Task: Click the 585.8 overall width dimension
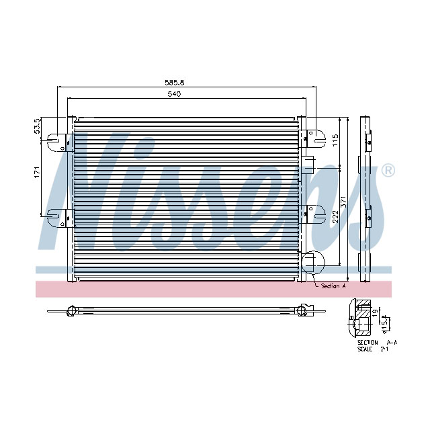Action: click(x=175, y=83)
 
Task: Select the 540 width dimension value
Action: click(x=174, y=95)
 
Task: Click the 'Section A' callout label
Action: click(x=333, y=286)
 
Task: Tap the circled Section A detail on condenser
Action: click(x=312, y=263)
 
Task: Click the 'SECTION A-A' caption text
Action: click(x=377, y=343)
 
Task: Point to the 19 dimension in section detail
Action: click(x=376, y=312)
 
